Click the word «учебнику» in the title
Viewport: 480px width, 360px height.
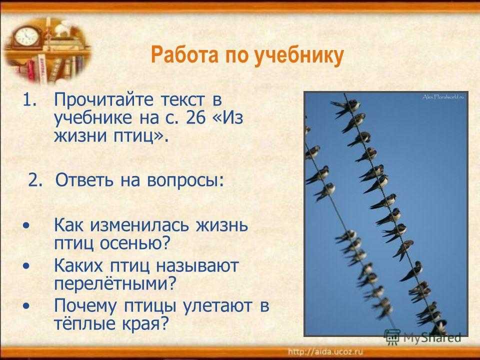pos(299,56)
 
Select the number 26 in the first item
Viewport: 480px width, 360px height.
pos(195,117)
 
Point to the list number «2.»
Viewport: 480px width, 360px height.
pos(35,180)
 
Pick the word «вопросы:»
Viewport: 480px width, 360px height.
pos(185,180)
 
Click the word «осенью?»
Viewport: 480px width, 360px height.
pos(135,243)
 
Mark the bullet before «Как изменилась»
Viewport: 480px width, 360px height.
pos(26,226)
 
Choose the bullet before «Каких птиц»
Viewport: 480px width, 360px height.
pos(26,265)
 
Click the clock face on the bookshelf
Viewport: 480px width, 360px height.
pos(27,36)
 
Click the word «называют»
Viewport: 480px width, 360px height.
pos(197,265)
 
